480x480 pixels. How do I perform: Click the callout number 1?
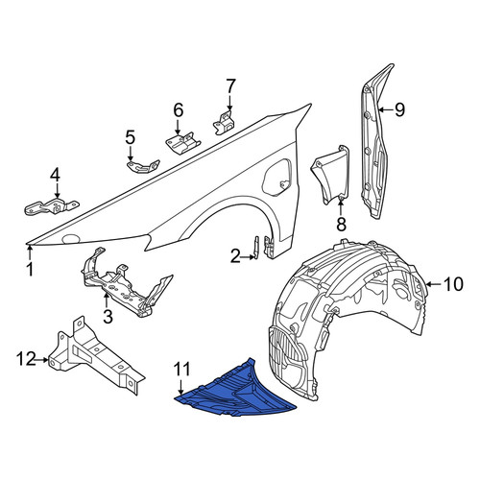[x=30, y=270]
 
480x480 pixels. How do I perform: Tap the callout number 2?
[x=235, y=256]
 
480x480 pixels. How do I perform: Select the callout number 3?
[x=108, y=317]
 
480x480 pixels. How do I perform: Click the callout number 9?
[x=399, y=109]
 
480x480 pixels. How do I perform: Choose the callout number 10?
[x=453, y=284]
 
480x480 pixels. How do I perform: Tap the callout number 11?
[x=181, y=369]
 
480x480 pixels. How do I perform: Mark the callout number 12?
[x=26, y=359]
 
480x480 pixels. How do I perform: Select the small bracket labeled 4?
[x=51, y=206]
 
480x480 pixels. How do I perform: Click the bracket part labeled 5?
[x=142, y=166]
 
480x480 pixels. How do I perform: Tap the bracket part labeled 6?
[x=182, y=142]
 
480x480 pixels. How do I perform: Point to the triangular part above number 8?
[x=331, y=175]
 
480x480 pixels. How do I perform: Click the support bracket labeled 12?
[x=96, y=357]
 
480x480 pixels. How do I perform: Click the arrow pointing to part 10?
[x=434, y=284]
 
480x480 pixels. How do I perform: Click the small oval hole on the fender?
[x=71, y=239]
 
